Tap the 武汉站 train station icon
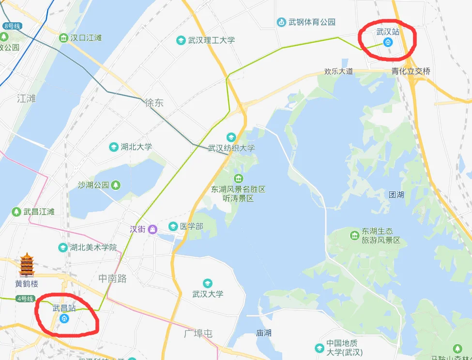[387, 42]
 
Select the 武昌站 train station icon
[64, 318]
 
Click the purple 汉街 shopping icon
[152, 229]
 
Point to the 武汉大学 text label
[208, 294]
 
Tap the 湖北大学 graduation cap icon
[113, 147]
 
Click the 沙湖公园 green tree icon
[116, 185]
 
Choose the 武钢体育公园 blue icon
[281, 22]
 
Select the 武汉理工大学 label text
[212, 40]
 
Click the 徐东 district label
[154, 103]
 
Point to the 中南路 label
[112, 279]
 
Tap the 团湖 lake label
[396, 195]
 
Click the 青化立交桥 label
[411, 71]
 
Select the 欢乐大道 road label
[338, 71]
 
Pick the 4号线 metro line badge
[25, 299]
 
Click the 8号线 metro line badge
[12, 26]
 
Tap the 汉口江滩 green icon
[63, 38]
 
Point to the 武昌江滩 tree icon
[16, 212]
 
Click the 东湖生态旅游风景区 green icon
[354, 235]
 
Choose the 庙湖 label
[264, 333]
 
